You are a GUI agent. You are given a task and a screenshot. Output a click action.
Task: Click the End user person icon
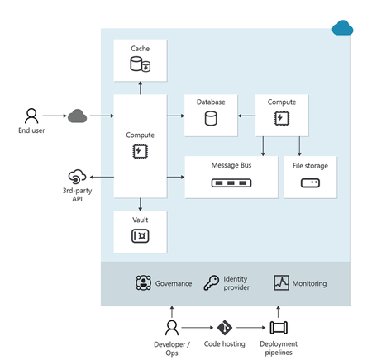[31, 115]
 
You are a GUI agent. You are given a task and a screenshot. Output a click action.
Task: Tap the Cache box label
[140, 49]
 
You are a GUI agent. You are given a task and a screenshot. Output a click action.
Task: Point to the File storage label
[311, 166]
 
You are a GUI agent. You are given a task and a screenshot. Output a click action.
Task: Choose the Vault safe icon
[140, 235]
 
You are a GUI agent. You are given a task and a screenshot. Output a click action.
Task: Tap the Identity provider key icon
[212, 283]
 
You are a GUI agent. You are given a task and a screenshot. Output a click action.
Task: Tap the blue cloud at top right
[342, 30]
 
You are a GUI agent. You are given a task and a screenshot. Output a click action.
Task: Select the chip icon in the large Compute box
[140, 150]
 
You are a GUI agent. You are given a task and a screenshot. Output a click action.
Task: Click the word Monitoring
[310, 283]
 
